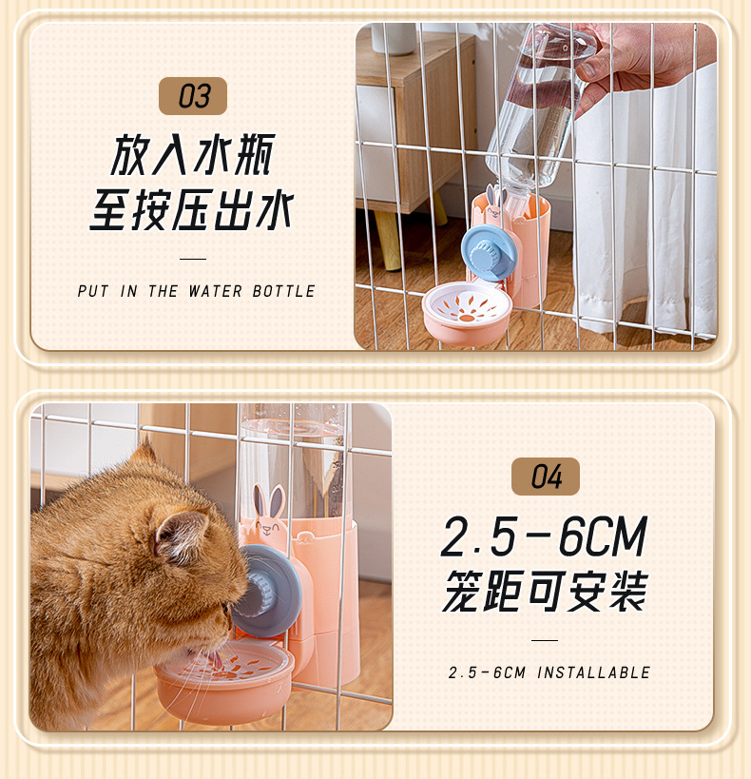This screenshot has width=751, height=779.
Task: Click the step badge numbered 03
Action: [x=192, y=96]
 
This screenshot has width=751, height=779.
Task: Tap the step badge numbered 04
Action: [x=545, y=477]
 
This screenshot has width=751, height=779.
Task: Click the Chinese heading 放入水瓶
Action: [x=193, y=156]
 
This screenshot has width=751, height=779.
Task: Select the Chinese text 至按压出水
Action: [x=193, y=211]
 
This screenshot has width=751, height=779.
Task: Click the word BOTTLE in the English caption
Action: [x=283, y=292]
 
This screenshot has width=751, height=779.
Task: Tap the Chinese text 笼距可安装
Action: [x=545, y=591]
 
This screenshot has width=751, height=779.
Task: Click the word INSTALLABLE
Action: [x=594, y=673]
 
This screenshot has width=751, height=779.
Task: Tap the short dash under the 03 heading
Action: [x=193, y=258]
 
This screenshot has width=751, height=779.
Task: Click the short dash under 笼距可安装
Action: [x=545, y=640]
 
